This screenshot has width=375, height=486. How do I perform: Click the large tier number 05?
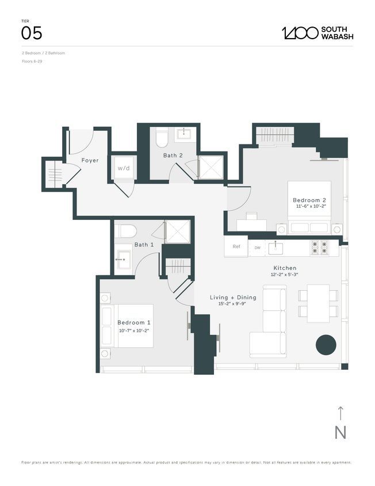click(x=32, y=33)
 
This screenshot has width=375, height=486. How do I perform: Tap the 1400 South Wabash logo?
click(x=317, y=33)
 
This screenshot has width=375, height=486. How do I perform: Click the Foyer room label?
click(x=89, y=161)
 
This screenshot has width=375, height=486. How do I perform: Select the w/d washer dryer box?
click(x=124, y=168)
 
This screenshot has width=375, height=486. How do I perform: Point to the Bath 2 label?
click(x=173, y=155)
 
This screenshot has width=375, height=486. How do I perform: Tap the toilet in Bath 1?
click(x=126, y=231)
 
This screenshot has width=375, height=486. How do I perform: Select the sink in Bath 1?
click(x=124, y=259)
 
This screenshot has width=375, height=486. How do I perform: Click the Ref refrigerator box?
click(x=236, y=247)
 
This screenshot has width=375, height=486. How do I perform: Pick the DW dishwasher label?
click(x=257, y=248)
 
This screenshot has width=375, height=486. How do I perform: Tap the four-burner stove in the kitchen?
click(x=319, y=247)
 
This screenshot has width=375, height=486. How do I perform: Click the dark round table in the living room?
click(x=326, y=345)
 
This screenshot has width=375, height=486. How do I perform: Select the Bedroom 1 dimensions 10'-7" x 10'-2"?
click(x=133, y=331)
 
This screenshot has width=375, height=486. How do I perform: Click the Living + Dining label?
click(x=229, y=297)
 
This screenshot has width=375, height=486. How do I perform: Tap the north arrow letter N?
click(x=340, y=432)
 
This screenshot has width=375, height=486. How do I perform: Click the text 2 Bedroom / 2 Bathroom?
click(x=44, y=53)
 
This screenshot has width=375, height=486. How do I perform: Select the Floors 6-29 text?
click(x=32, y=61)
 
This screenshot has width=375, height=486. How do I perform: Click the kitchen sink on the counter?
click(x=278, y=247)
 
